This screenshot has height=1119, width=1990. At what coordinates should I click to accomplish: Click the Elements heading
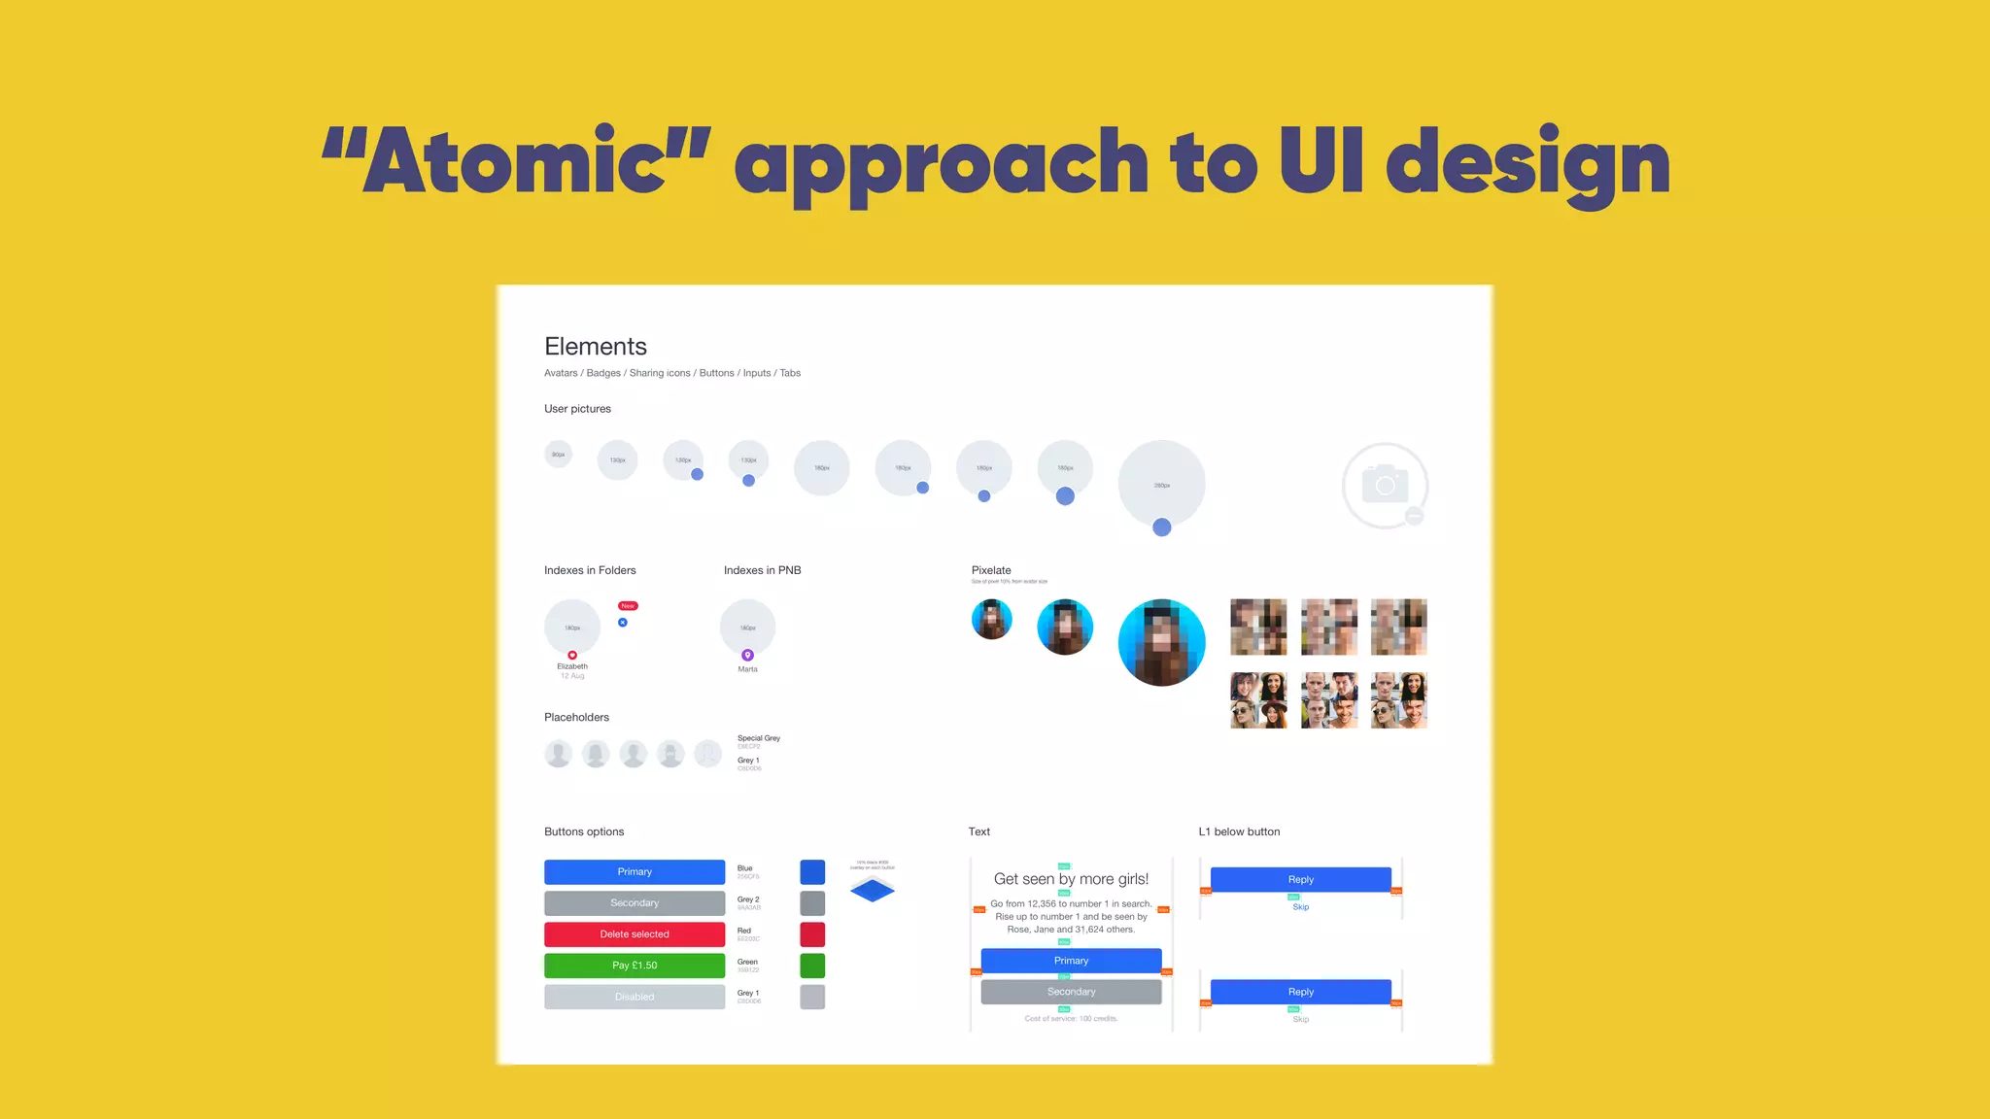click(x=595, y=347)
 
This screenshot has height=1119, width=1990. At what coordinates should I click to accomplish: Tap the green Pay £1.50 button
click(x=635, y=966)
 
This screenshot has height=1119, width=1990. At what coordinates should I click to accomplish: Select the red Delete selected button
click(x=635, y=934)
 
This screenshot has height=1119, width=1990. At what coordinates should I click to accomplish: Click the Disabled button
click(x=635, y=997)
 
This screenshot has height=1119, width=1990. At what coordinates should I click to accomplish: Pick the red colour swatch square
click(x=812, y=934)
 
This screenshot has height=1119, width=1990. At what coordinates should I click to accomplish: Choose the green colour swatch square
click(x=812, y=966)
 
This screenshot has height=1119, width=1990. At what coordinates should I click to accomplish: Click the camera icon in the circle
click(x=1385, y=485)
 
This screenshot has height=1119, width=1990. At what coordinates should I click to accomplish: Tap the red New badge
click(x=628, y=606)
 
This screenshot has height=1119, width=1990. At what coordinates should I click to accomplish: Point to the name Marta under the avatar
click(x=747, y=669)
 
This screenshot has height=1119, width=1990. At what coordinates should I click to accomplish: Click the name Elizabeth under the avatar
click(x=572, y=666)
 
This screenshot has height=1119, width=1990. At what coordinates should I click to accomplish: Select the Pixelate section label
click(x=991, y=570)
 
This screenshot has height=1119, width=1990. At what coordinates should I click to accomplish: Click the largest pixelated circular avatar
click(x=1161, y=642)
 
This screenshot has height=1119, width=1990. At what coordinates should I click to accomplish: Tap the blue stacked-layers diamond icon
click(x=872, y=889)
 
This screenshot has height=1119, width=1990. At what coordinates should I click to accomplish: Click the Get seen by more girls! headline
click(x=1071, y=879)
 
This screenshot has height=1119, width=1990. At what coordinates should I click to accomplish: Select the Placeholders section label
click(x=576, y=717)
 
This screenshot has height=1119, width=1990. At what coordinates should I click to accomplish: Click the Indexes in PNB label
click(x=762, y=570)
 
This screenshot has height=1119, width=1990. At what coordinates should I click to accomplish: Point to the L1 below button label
click(x=1239, y=831)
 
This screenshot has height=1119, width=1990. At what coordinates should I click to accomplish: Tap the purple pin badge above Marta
click(x=747, y=656)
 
